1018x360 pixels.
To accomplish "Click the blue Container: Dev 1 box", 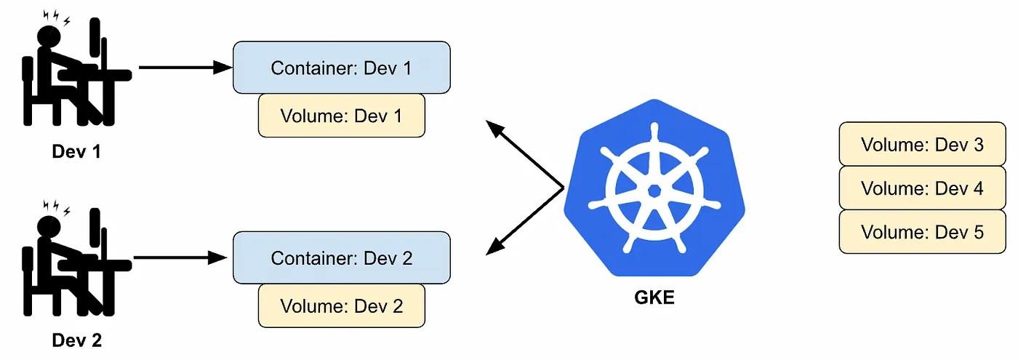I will click(x=341, y=68).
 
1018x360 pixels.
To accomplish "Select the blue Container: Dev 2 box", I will click(x=341, y=257).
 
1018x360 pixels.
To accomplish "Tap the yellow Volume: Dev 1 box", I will click(x=341, y=116).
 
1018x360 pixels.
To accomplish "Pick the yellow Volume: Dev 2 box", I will click(x=341, y=305).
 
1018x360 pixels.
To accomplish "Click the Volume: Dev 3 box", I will click(x=922, y=144).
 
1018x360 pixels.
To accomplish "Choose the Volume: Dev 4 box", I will click(x=922, y=188).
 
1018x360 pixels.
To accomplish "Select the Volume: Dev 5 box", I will click(x=922, y=232).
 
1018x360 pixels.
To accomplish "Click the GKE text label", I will click(x=654, y=297).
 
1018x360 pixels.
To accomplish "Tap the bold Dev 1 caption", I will click(x=76, y=153).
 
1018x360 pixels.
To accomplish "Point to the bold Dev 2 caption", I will click(x=76, y=340).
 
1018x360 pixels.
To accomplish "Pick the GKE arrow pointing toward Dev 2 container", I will click(x=525, y=221).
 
